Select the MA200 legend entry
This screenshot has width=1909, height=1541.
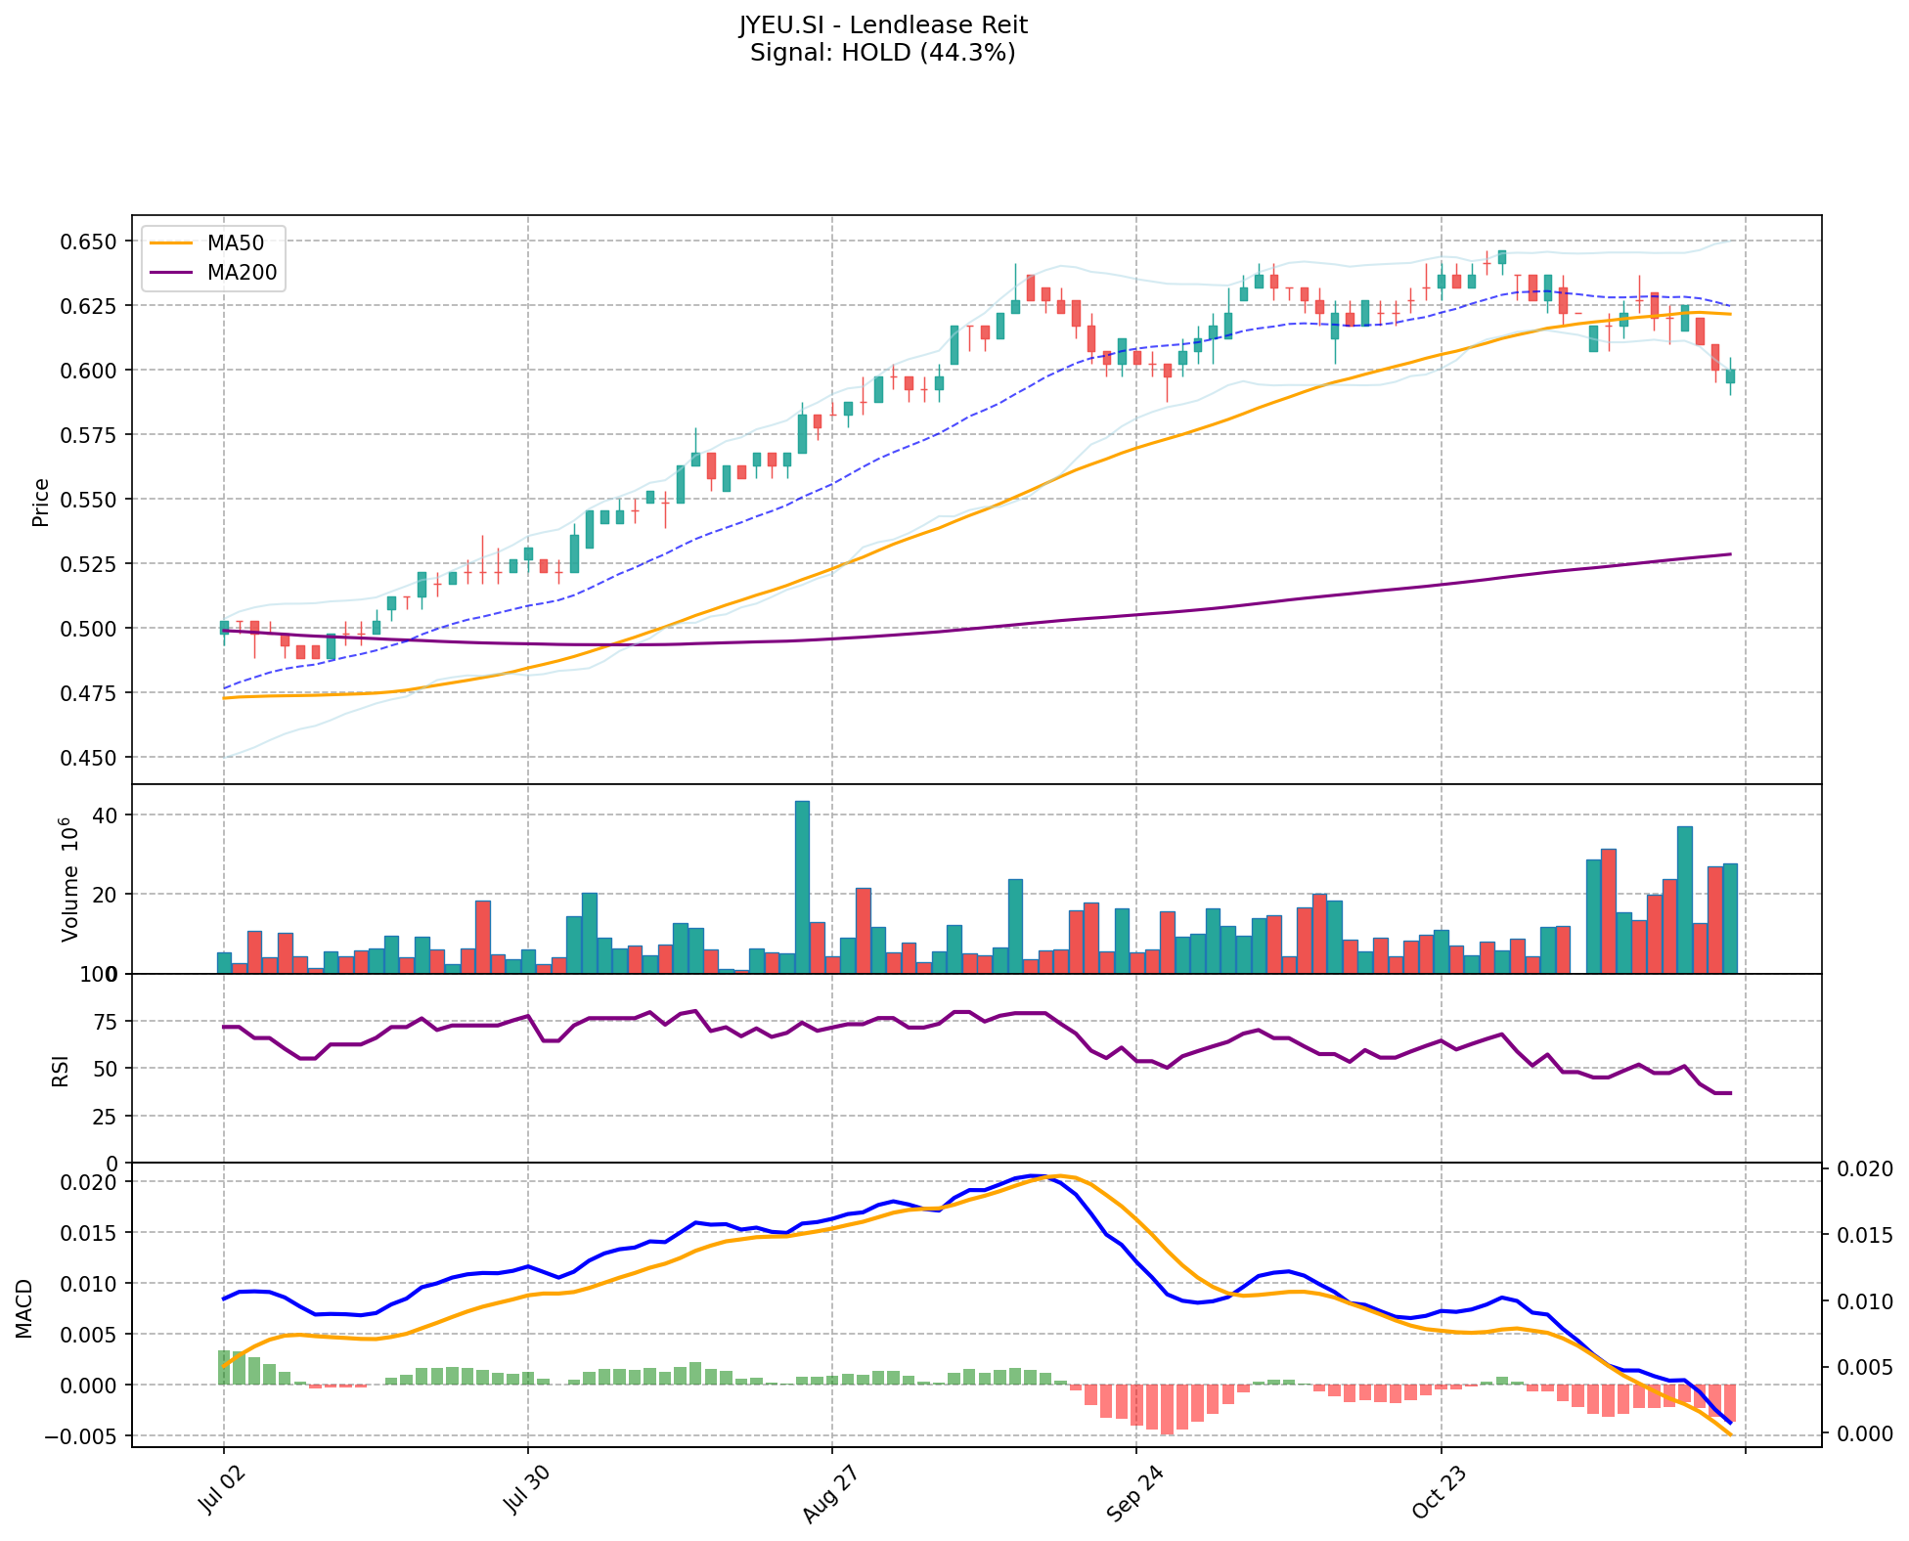[242, 273]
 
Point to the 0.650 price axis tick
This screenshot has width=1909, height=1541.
[90, 242]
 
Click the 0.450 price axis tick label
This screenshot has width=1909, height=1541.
[90, 758]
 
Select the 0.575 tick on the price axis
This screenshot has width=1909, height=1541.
[90, 435]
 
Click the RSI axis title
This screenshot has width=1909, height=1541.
[61, 1071]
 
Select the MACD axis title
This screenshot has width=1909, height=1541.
[24, 1308]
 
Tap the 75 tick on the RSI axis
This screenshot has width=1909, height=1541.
[105, 1022]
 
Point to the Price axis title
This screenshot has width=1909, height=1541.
[41, 502]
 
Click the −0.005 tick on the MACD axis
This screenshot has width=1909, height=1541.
[84, 1436]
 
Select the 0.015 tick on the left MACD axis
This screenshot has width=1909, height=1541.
[90, 1233]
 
